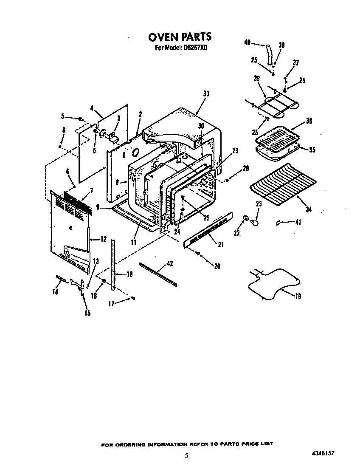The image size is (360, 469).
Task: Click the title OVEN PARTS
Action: coord(180,37)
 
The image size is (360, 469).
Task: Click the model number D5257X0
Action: coord(195,48)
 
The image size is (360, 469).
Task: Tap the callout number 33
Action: coord(206,94)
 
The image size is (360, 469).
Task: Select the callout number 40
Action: coord(247,42)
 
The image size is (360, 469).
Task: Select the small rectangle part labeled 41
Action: coord(278,222)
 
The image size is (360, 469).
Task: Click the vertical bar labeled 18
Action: coord(113,266)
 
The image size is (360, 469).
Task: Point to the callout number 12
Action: coord(103,240)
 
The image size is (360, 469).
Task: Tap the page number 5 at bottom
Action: coord(186,456)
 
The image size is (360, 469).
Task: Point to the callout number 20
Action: coord(217,266)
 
